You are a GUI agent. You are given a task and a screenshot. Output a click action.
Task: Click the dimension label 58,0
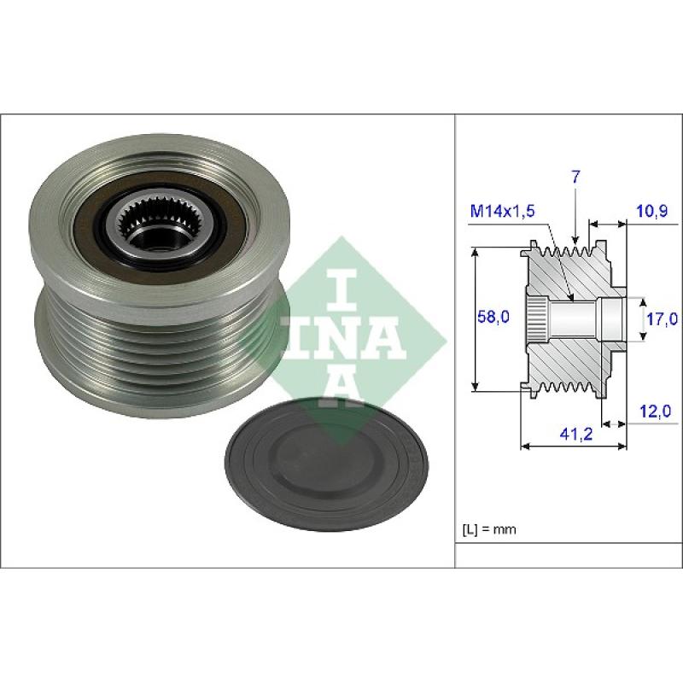coord(493,317)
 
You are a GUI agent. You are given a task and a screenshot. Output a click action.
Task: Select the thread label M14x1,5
coord(503,211)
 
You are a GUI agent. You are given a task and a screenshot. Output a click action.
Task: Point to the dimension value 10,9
coord(652,211)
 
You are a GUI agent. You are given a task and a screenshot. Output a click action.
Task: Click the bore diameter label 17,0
coord(662,318)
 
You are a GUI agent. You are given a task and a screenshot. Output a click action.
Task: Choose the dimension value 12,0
coord(655,411)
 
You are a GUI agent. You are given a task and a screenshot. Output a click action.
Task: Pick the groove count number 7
coord(575,178)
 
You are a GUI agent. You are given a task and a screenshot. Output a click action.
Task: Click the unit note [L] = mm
coord(488,529)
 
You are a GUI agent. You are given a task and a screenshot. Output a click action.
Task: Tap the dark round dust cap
coord(326,464)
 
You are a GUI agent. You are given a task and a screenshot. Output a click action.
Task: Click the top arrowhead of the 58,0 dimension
coord(476,252)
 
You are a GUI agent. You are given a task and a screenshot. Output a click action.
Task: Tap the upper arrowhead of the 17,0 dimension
coord(643,302)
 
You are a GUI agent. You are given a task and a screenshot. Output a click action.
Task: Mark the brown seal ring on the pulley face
coord(161,229)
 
